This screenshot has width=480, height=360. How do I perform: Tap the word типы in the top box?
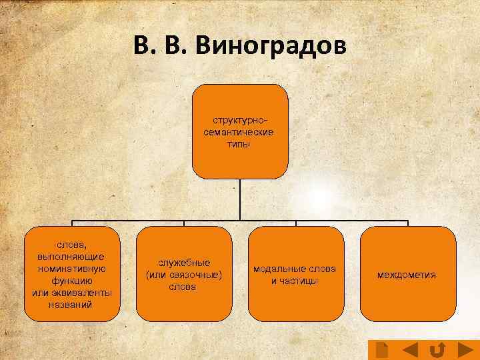239,145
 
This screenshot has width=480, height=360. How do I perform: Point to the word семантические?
239,133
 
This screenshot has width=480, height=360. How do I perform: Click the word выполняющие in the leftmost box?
72,257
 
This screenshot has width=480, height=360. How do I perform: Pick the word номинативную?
72,269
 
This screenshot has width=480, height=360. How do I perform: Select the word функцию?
72,281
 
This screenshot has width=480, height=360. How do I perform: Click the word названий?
72,304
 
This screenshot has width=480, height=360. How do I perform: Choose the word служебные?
184,263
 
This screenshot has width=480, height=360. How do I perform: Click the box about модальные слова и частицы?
295,274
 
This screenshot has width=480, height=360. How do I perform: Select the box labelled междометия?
407,274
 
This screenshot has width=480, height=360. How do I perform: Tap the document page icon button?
382,349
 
